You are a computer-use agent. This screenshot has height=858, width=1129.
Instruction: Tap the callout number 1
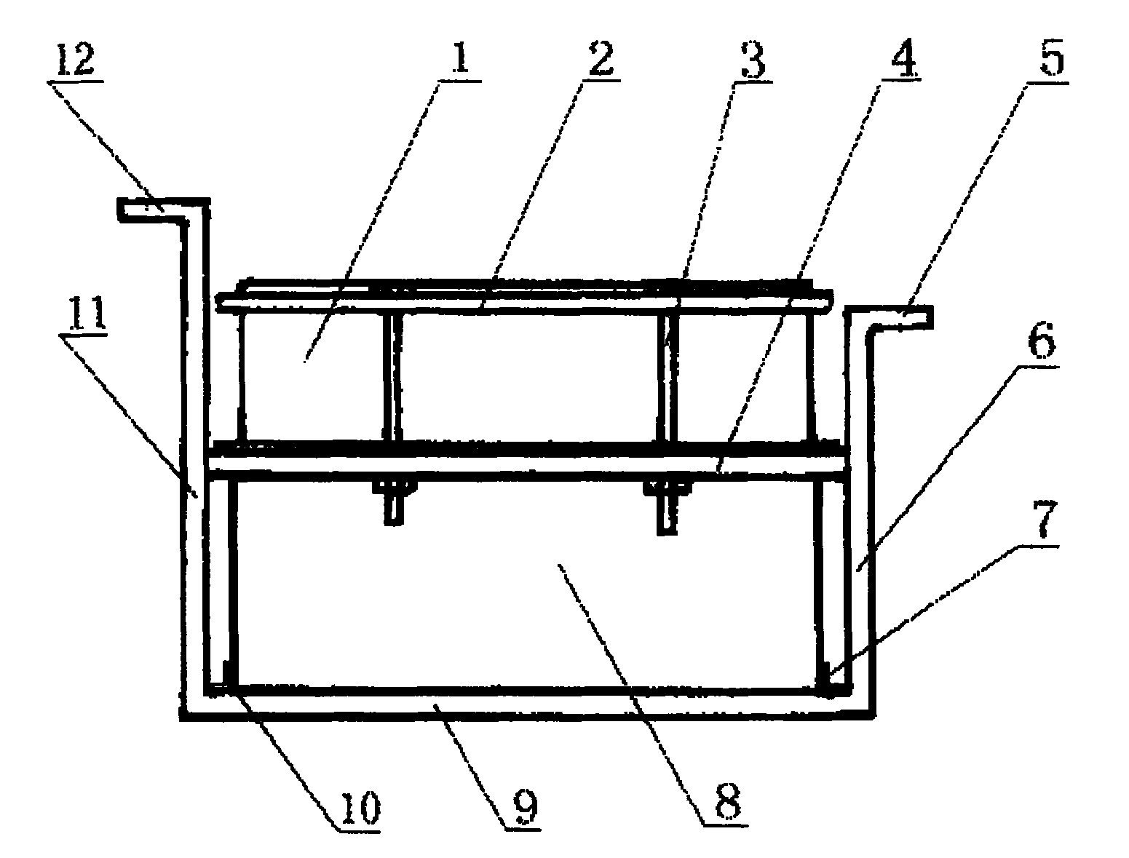tap(460, 57)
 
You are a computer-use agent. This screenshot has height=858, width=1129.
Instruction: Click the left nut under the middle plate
tap(394, 487)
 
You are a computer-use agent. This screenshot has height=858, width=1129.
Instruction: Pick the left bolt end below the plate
tap(394, 509)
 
